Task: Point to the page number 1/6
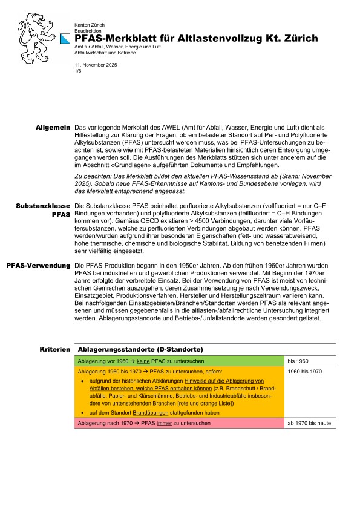click(77, 70)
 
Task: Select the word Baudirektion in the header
click(87, 28)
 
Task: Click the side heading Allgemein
click(53, 128)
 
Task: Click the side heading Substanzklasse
click(42, 206)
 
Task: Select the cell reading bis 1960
click(299, 361)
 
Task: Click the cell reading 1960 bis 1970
click(305, 371)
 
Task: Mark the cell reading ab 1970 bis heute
click(309, 423)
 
